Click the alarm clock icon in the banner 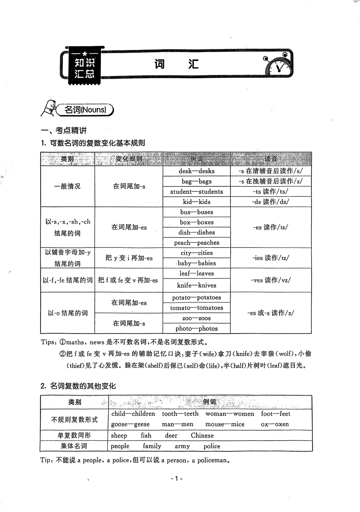click(x=279, y=65)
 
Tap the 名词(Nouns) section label click(x=85, y=110)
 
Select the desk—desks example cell click(x=197, y=171)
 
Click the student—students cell click(x=197, y=191)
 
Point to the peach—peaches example click(x=197, y=242)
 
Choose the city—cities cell click(x=197, y=253)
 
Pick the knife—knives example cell click(x=197, y=285)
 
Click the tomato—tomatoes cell click(x=197, y=308)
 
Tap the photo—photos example click(x=197, y=329)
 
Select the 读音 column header click(x=271, y=159)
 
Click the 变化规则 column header click(x=129, y=159)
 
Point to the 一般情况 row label click(x=67, y=186)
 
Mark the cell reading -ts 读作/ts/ click(x=271, y=191)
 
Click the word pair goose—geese click(x=130, y=424)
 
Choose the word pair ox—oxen click(x=275, y=424)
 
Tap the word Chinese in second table click(x=202, y=435)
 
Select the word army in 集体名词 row click(x=182, y=446)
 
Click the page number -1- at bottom click(x=177, y=479)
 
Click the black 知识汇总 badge click(x=85, y=68)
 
